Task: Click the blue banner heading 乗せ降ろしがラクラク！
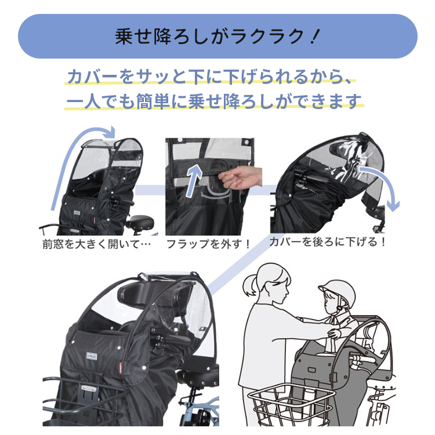pyautogui.click(x=217, y=36)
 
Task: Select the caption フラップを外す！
pyautogui.click(x=208, y=243)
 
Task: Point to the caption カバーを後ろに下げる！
pyautogui.click(x=327, y=241)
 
